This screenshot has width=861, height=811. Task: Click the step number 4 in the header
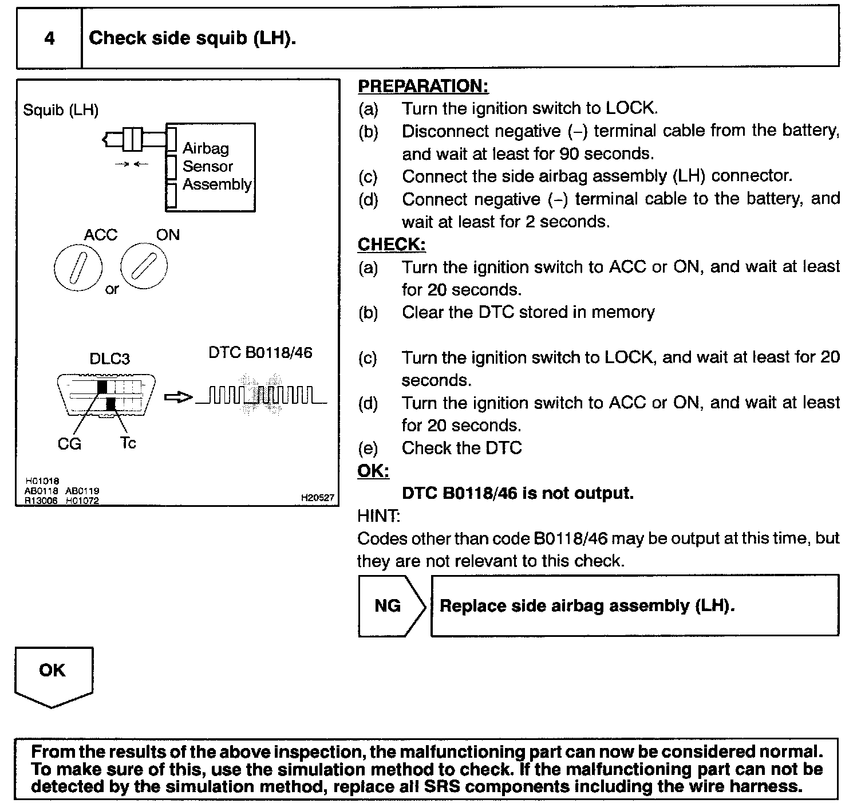(50, 38)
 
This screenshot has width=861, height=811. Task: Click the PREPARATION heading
(423, 86)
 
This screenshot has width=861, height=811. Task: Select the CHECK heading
(392, 245)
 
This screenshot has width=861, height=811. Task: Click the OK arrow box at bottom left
(53, 674)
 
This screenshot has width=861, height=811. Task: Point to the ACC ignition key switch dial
(78, 269)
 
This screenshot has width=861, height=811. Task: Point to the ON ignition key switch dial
(144, 266)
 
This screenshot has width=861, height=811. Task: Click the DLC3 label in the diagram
(109, 359)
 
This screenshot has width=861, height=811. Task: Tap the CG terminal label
(69, 444)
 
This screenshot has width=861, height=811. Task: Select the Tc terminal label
(128, 443)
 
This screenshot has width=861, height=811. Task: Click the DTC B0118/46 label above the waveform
(260, 352)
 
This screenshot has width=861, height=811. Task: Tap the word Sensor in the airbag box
(208, 167)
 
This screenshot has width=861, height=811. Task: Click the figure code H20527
(317, 498)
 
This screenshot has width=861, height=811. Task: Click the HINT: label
(378, 516)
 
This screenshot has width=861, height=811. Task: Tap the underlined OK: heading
(373, 471)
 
